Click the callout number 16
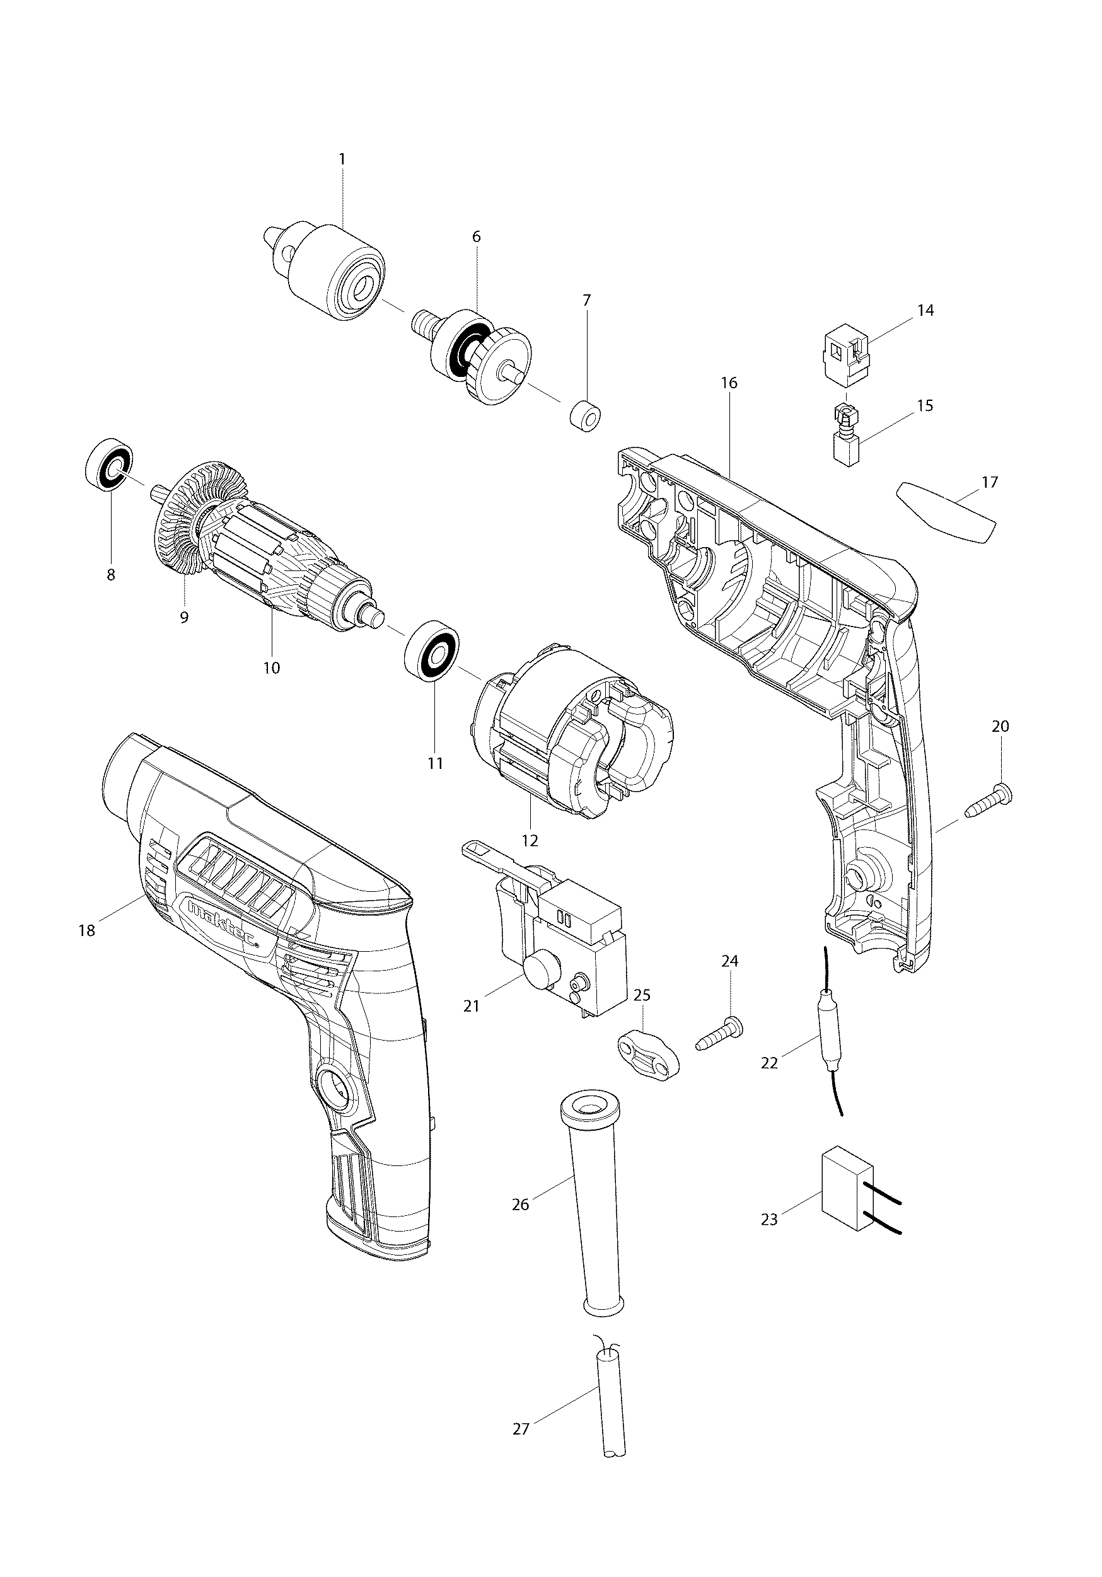point(729,383)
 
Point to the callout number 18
point(86,931)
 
